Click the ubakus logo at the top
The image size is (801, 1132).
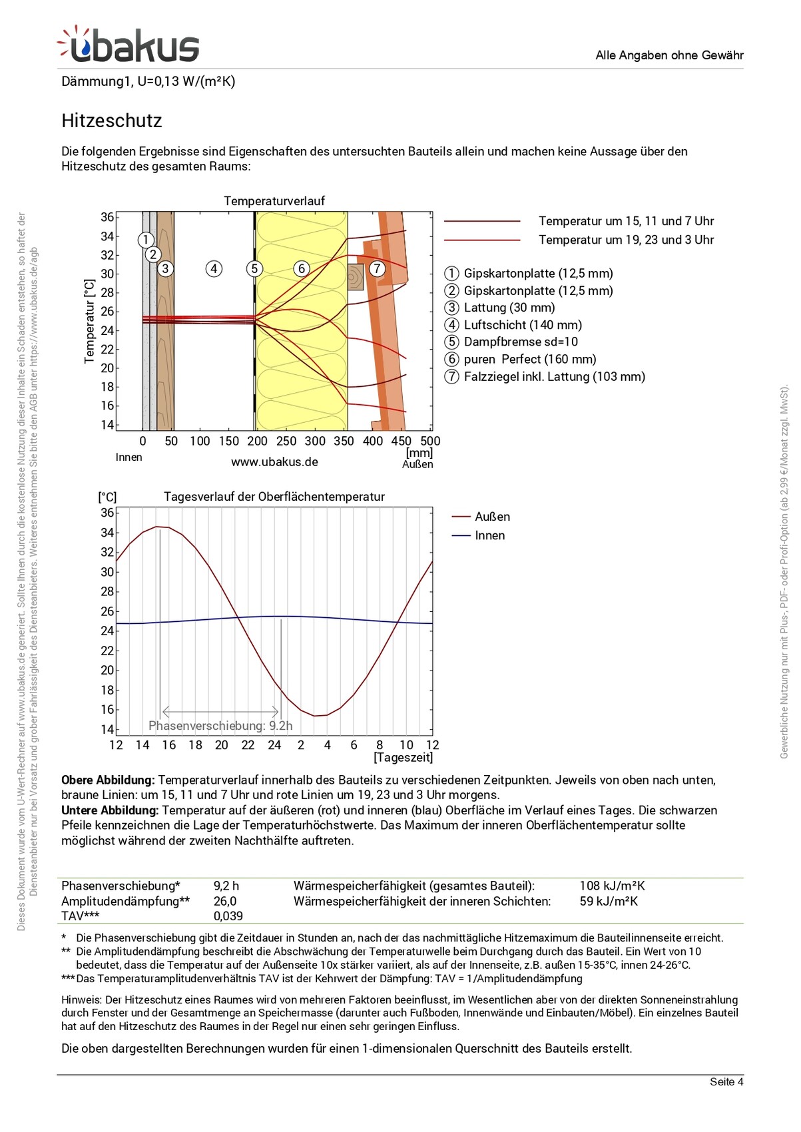pyautogui.click(x=129, y=45)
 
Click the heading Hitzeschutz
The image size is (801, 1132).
pyautogui.click(x=112, y=121)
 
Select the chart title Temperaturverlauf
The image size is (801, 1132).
pyautogui.click(x=274, y=200)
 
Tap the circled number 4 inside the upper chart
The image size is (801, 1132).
pyautogui.click(x=213, y=269)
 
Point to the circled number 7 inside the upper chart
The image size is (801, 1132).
pyautogui.click(x=377, y=269)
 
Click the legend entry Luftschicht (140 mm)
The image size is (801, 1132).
pyautogui.click(x=523, y=325)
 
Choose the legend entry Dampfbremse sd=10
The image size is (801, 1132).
pyautogui.click(x=521, y=342)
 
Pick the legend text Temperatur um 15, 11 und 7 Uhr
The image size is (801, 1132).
pyautogui.click(x=626, y=221)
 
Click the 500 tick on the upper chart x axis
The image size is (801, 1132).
pyautogui.click(x=430, y=441)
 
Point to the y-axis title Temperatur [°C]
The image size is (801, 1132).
pyautogui.click(x=89, y=321)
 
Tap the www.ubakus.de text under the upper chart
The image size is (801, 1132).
pyautogui.click(x=274, y=461)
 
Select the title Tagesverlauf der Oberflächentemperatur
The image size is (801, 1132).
pyautogui.click(x=274, y=497)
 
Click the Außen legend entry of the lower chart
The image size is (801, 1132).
pyautogui.click(x=492, y=517)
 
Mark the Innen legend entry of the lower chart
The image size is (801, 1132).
pyautogui.click(x=489, y=535)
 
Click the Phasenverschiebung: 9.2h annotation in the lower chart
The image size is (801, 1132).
pyautogui.click(x=220, y=726)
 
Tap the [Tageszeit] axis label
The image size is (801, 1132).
pyautogui.click(x=403, y=757)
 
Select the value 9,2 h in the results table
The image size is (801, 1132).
pyautogui.click(x=226, y=886)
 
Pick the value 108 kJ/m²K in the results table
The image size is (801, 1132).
pyautogui.click(x=612, y=886)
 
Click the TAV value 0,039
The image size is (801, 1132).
pyautogui.click(x=228, y=916)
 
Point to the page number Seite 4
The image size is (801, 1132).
pyautogui.click(x=726, y=1081)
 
